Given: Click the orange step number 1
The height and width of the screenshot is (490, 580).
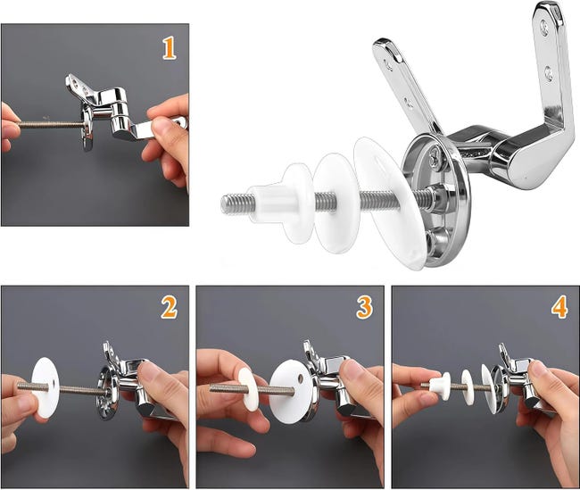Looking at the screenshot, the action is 170,48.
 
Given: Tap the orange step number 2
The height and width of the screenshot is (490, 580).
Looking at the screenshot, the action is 170,308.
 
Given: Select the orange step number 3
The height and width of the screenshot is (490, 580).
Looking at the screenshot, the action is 365,308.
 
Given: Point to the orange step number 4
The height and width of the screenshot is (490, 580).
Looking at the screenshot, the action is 559,308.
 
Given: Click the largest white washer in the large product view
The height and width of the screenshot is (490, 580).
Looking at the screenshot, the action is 388,203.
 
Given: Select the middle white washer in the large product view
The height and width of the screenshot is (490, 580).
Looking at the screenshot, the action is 336,203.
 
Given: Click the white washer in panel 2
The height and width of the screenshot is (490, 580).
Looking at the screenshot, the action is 46,388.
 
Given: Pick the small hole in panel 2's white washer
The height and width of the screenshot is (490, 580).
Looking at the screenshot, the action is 54,381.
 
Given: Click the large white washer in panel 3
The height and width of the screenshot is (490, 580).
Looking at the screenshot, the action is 290,393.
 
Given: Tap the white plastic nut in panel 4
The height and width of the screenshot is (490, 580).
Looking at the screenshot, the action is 440,386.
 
